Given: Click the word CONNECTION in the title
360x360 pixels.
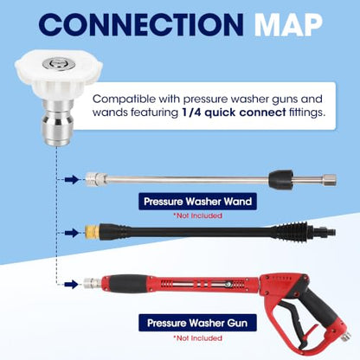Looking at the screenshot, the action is click(x=141, y=24).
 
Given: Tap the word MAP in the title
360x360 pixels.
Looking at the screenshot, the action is click(x=288, y=24).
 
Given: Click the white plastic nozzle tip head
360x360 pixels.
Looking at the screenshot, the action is click(x=59, y=74).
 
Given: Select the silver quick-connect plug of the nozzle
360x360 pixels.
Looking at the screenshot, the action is click(x=57, y=122).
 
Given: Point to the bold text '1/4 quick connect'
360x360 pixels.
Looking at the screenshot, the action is click(x=234, y=112).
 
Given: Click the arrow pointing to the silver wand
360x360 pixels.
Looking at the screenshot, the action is click(x=72, y=179).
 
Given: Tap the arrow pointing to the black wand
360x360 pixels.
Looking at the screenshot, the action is click(x=72, y=233).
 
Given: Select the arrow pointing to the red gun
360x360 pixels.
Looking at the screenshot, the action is click(x=72, y=284).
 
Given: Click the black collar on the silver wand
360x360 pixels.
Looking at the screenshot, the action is click(x=280, y=178).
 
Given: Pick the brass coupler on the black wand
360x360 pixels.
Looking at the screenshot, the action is click(x=91, y=232).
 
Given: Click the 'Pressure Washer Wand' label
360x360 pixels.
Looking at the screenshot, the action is click(x=197, y=202).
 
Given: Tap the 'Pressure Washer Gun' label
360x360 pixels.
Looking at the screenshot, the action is click(x=197, y=323).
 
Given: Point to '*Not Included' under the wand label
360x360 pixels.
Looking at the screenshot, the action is click(x=197, y=215).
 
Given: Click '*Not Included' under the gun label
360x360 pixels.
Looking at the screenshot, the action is click(x=197, y=337).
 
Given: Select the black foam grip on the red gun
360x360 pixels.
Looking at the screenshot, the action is click(x=128, y=283).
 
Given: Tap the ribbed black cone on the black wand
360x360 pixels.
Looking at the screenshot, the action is click(x=291, y=231).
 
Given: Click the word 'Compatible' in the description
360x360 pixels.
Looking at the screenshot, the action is click(x=124, y=100).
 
